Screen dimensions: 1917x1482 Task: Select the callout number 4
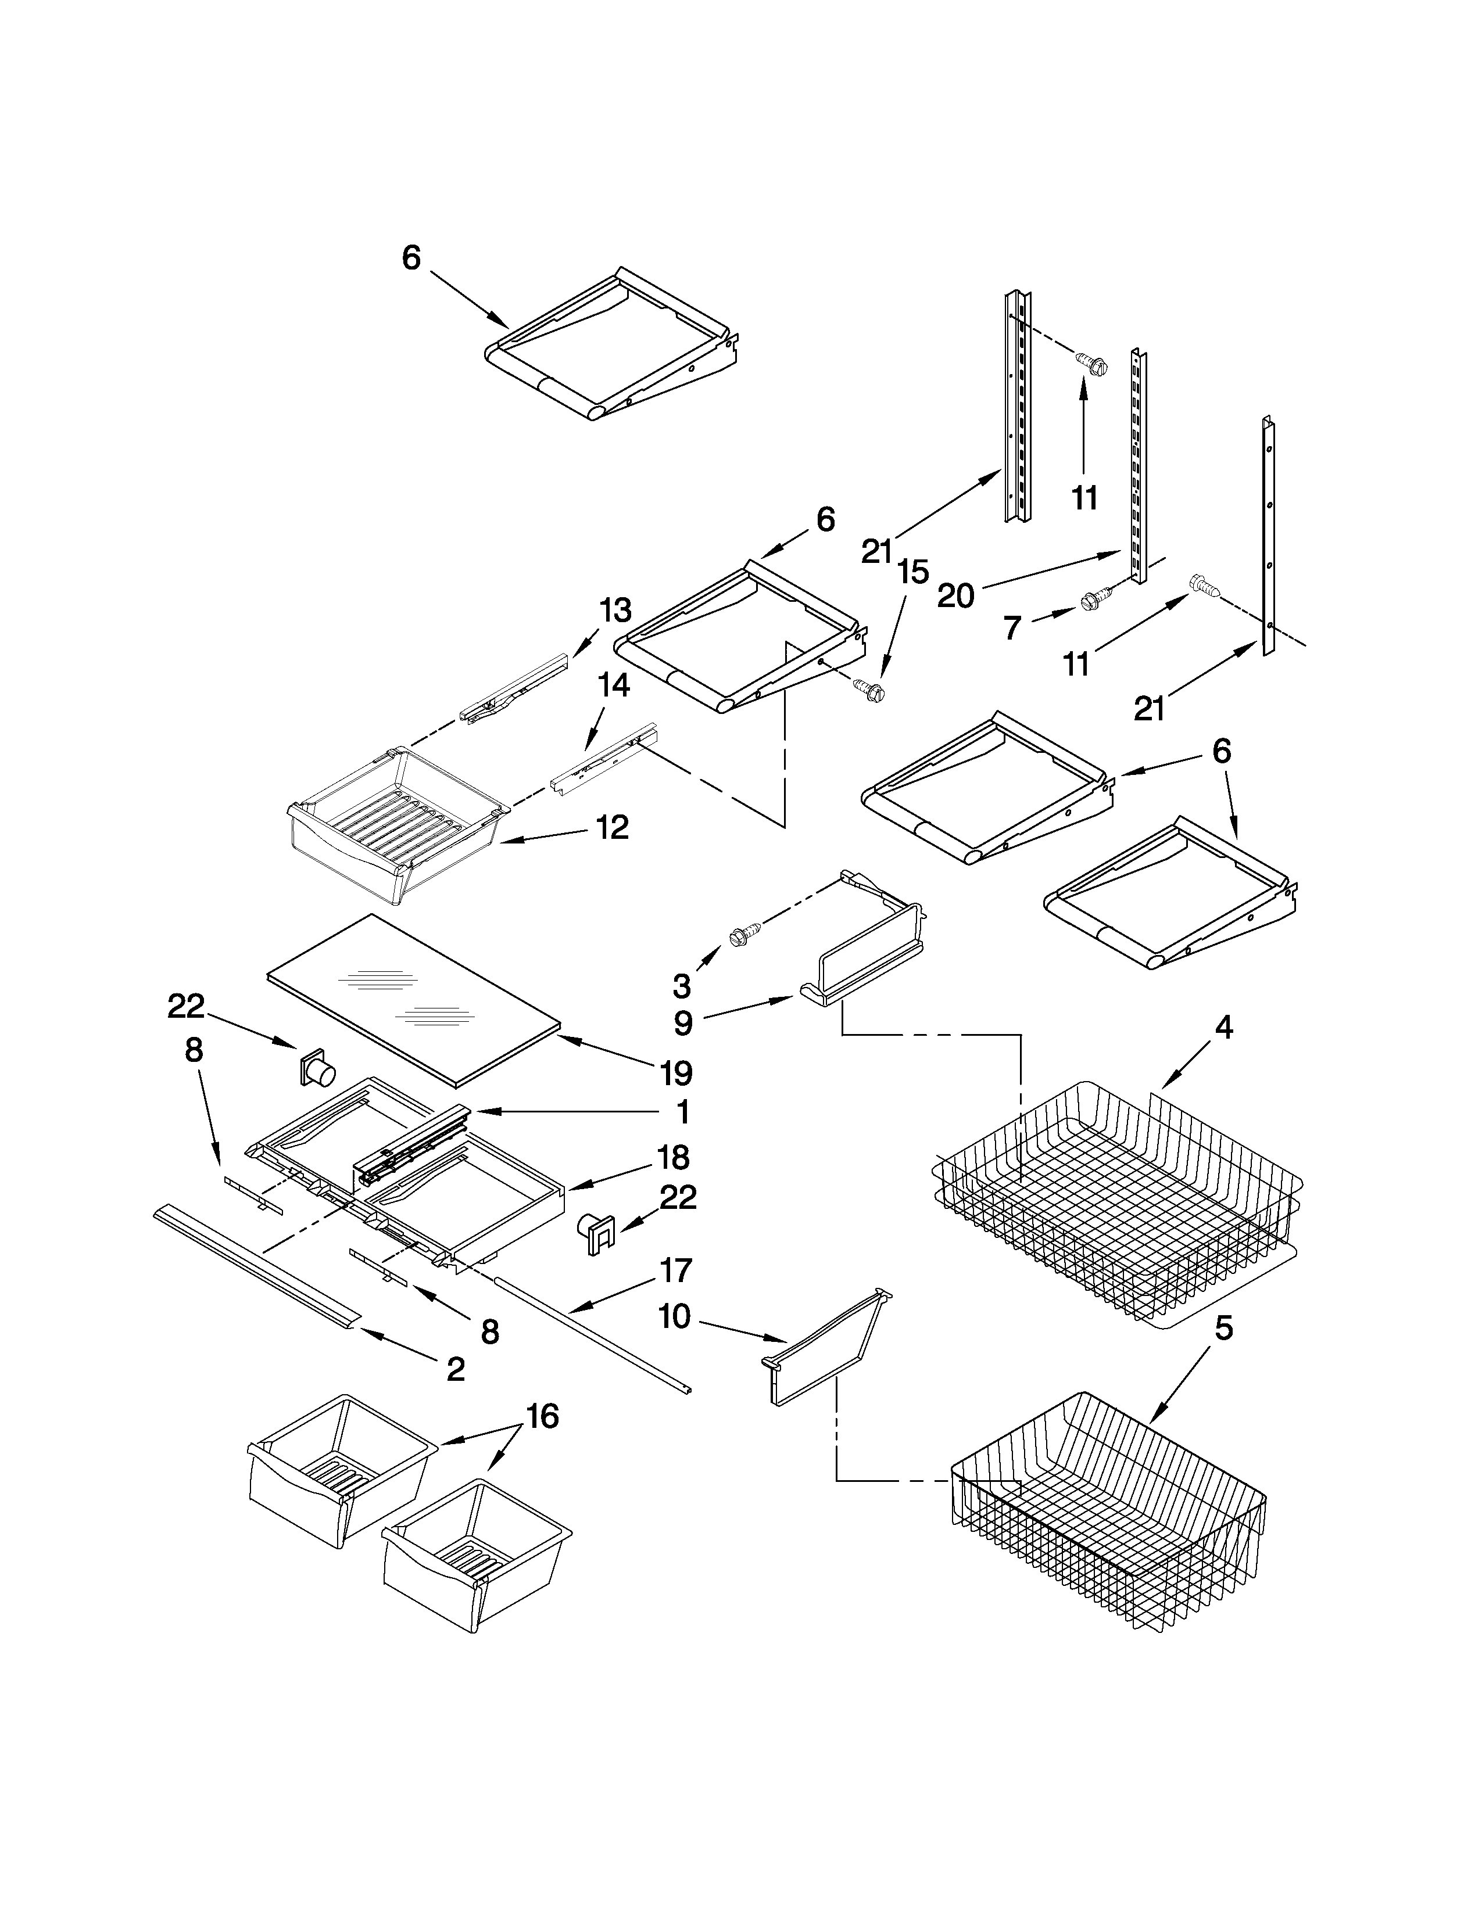tap(1224, 1027)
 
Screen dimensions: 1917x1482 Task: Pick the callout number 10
tap(674, 1316)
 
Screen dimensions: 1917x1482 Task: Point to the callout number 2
tap(456, 1369)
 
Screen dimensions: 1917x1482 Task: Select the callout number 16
tap(543, 1416)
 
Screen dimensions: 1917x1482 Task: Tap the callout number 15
tap(913, 572)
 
